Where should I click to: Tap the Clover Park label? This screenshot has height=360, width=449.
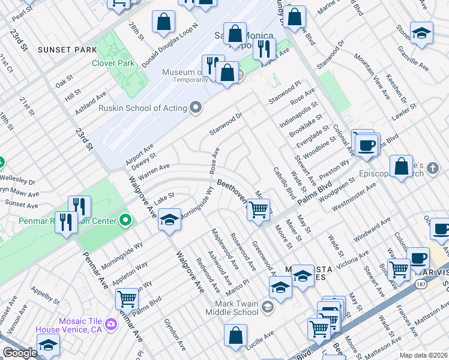click(x=112, y=62)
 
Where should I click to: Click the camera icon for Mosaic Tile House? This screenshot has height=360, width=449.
click(x=110, y=325)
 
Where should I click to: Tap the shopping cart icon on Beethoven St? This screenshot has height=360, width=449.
click(x=258, y=210)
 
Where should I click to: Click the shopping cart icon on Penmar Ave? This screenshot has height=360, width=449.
click(x=127, y=298)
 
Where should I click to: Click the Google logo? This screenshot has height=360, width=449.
click(x=20, y=353)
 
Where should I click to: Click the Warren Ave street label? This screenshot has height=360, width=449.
click(x=154, y=172)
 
